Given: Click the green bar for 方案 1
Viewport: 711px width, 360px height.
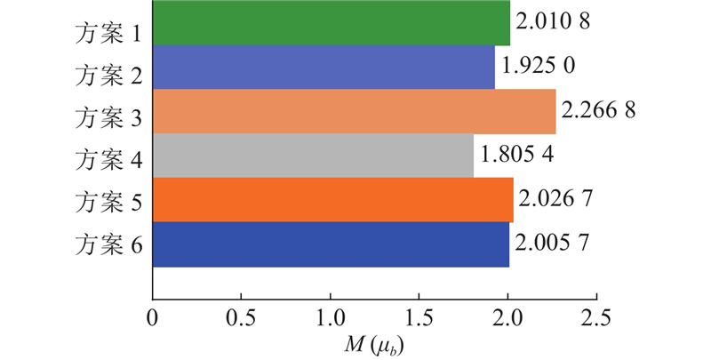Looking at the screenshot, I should coord(331,23).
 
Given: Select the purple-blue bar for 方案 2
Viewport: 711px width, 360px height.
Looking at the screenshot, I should coord(324,67).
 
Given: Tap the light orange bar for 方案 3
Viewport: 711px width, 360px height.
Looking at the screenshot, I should coord(354,111).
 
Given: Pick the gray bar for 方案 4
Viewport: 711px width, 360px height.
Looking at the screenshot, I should coord(313,156).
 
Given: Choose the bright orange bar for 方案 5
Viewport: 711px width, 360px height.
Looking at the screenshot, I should coord(332,200).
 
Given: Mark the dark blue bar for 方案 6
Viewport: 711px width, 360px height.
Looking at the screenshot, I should coord(331,244).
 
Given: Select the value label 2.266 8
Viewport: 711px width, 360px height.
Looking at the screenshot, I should coord(600,112).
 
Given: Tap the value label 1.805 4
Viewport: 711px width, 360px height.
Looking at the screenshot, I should coord(517,154).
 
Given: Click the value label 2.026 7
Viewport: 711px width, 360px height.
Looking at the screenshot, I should coord(556,198).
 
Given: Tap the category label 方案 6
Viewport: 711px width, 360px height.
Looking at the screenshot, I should coord(108,244).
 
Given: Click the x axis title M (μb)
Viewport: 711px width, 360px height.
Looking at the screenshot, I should coord(373,340).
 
